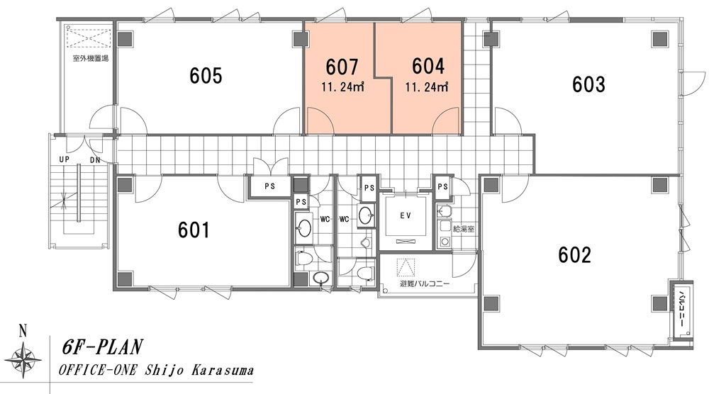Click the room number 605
[206, 75]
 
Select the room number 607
[342, 67]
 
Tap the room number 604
[428, 67]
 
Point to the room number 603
[588, 84]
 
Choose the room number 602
[575, 255]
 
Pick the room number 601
[194, 230]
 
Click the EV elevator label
[405, 216]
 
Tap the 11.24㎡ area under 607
[342, 86]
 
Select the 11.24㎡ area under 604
[427, 86]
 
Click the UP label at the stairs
[65, 159]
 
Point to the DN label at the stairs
[95, 160]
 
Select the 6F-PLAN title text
[102, 347]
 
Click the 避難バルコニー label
[425, 283]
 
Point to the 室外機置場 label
[91, 58]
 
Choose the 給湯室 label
[464, 229]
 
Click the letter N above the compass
[23, 331]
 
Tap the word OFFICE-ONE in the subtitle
[98, 371]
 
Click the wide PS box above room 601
[270, 186]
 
